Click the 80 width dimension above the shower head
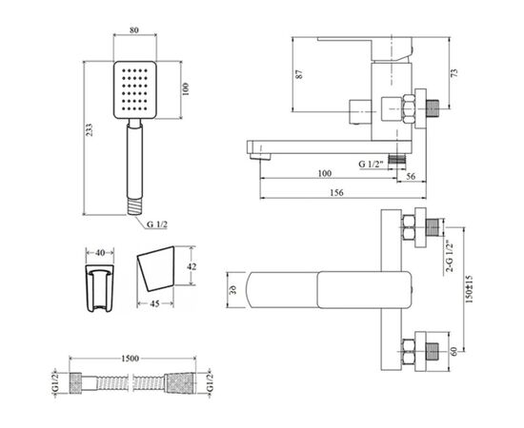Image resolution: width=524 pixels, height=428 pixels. point(134,30)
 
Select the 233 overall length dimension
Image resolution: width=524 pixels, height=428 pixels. point(89,130)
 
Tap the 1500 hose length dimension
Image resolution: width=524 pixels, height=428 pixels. point(130,359)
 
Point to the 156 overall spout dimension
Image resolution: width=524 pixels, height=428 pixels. point(336,192)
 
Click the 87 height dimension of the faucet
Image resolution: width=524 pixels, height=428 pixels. point(300,74)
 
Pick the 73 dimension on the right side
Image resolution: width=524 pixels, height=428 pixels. point(453,72)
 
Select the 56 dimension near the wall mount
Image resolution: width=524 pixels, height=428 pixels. point(411,176)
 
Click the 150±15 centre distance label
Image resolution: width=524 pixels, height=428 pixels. point(469,289)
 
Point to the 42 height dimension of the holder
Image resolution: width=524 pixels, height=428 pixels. point(191,266)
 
